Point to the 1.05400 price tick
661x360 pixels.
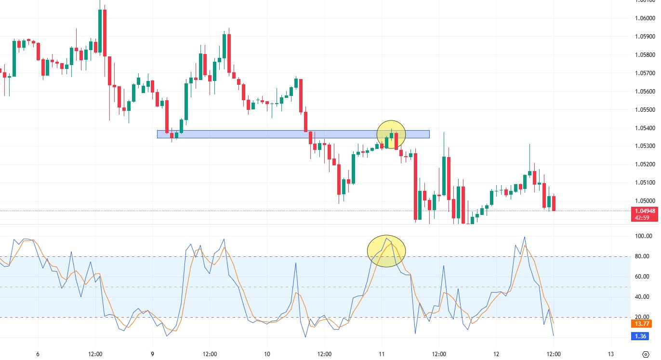click(645, 128)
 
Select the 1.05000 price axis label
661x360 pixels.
click(645, 201)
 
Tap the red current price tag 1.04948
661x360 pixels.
click(645, 211)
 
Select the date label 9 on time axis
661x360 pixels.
click(152, 354)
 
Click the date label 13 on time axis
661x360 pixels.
click(610, 354)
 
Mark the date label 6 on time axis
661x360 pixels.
click(38, 354)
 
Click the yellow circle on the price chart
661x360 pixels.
click(391, 134)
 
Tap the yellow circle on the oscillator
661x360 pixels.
click(386, 251)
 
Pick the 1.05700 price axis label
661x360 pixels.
click(645, 73)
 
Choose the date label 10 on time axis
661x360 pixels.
click(267, 354)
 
